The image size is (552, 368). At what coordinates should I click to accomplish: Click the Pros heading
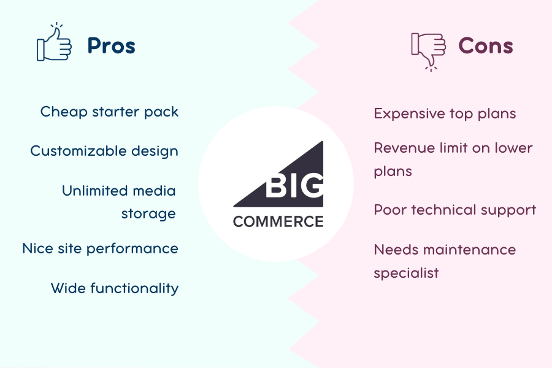111,46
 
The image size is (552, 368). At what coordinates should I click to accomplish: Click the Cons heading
486,46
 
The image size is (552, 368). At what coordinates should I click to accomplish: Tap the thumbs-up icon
54,42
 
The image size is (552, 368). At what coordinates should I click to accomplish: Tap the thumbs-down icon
429,52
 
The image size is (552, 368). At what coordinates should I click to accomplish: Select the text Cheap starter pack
109,112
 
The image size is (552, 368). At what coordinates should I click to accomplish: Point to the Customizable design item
104,151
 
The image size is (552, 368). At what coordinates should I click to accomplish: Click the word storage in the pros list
148,214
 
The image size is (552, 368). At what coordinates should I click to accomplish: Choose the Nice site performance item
101,248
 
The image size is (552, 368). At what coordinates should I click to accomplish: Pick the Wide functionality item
115,288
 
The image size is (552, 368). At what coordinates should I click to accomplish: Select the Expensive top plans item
445,114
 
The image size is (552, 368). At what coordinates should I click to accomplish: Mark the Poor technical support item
455,210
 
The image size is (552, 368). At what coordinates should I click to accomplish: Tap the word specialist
406,274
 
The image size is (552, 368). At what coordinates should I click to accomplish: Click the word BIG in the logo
294,185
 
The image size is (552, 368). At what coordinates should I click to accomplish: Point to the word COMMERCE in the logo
278,222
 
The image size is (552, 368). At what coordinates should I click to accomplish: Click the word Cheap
64,112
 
